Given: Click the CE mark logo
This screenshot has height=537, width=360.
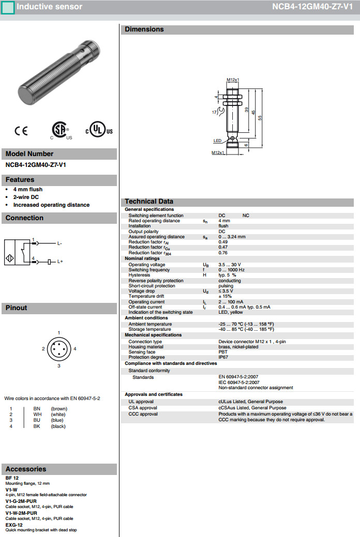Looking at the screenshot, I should (x=21, y=131).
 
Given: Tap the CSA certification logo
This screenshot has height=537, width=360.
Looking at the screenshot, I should (x=61, y=131).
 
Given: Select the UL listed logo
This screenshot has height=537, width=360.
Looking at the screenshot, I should (x=98, y=130).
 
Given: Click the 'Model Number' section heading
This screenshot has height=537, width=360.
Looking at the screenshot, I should (x=29, y=154).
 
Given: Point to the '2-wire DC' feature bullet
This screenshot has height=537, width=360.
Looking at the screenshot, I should (x=26, y=197).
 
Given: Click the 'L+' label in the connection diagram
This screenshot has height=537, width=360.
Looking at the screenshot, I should (x=60, y=262).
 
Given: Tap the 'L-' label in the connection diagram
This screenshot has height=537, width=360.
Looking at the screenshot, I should (x=59, y=243).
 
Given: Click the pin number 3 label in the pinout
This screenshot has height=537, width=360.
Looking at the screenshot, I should (x=59, y=366).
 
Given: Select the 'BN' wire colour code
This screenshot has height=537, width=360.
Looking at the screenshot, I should (x=37, y=409).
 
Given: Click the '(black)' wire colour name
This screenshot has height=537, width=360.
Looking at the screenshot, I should (x=58, y=426).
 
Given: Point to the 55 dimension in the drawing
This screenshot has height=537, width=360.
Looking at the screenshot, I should (x=260, y=117).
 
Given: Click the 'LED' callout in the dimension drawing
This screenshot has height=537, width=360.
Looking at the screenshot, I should (x=217, y=140).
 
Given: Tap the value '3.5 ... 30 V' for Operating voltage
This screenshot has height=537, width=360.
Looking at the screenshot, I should (x=230, y=265).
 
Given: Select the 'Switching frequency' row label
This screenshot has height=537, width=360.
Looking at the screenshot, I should (x=149, y=270).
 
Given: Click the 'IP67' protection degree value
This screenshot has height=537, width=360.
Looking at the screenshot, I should (x=223, y=357).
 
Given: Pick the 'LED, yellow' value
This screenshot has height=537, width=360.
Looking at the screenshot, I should (x=231, y=312).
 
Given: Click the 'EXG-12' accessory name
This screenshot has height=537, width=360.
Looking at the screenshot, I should (x=14, y=525).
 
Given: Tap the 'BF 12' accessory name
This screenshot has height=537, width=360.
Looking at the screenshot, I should (x=12, y=478).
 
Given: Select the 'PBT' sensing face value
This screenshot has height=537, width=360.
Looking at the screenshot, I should (x=223, y=352).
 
